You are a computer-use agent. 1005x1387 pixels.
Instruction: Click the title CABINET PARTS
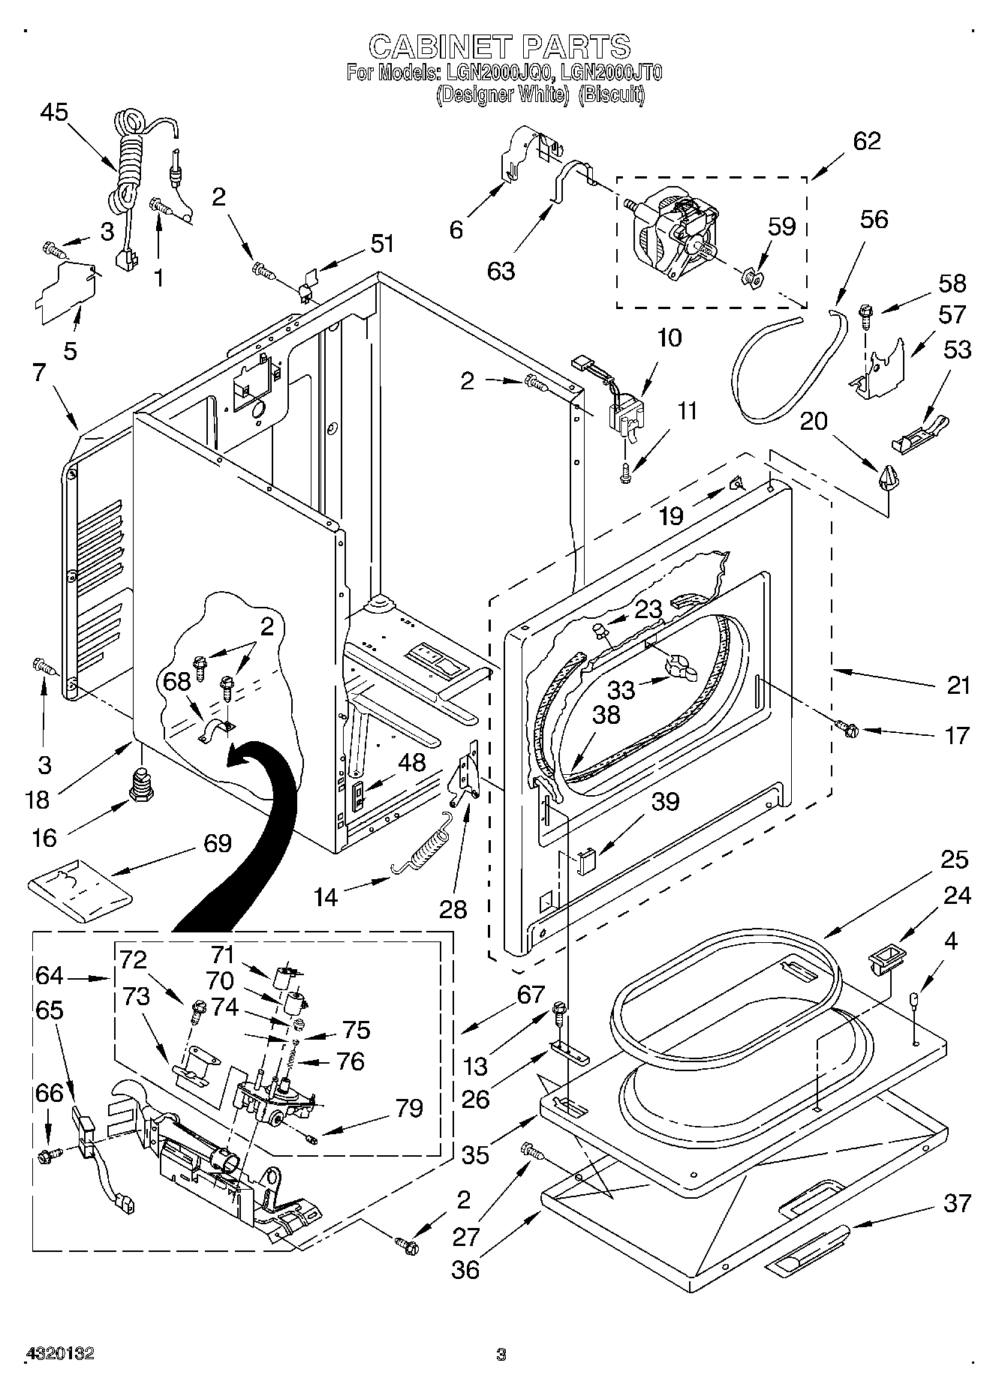coord(500,47)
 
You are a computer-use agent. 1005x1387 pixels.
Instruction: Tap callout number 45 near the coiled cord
coord(54,113)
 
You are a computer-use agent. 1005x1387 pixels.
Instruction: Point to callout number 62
coord(866,140)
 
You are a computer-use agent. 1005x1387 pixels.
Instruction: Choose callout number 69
coord(217,843)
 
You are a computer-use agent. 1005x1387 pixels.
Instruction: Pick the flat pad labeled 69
coord(79,890)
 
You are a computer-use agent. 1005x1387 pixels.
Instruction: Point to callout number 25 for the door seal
coord(955,859)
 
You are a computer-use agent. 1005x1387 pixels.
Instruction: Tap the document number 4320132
coord(60,1354)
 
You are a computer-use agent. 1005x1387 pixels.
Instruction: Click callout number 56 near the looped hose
coord(874,219)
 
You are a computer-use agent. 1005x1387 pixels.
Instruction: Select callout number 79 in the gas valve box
coord(409,1107)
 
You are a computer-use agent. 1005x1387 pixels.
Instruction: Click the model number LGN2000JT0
coord(607,73)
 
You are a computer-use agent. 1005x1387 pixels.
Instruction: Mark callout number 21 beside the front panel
coord(958,685)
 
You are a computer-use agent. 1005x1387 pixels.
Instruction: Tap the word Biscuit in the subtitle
coord(612,95)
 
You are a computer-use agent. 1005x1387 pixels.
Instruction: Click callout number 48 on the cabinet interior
coord(411,762)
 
